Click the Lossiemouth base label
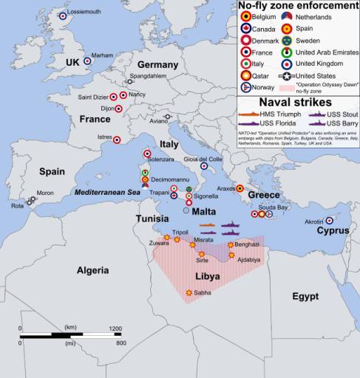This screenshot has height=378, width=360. coord(86,14)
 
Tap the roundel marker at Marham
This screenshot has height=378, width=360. coord(87,61)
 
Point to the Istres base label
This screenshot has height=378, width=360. coord(104,137)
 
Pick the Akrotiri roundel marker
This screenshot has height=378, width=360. coord(330,220)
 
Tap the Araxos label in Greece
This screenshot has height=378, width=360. coord(225,188)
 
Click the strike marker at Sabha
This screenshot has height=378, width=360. coord(189,293)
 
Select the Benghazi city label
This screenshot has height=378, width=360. coord(247,244)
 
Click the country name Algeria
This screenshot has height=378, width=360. coord(98,270)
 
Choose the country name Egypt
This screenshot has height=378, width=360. coord(305,296)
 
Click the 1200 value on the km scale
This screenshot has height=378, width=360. coord(115,327)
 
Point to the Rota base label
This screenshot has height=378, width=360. coord(17,206)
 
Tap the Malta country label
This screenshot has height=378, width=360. coord(203,211)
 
